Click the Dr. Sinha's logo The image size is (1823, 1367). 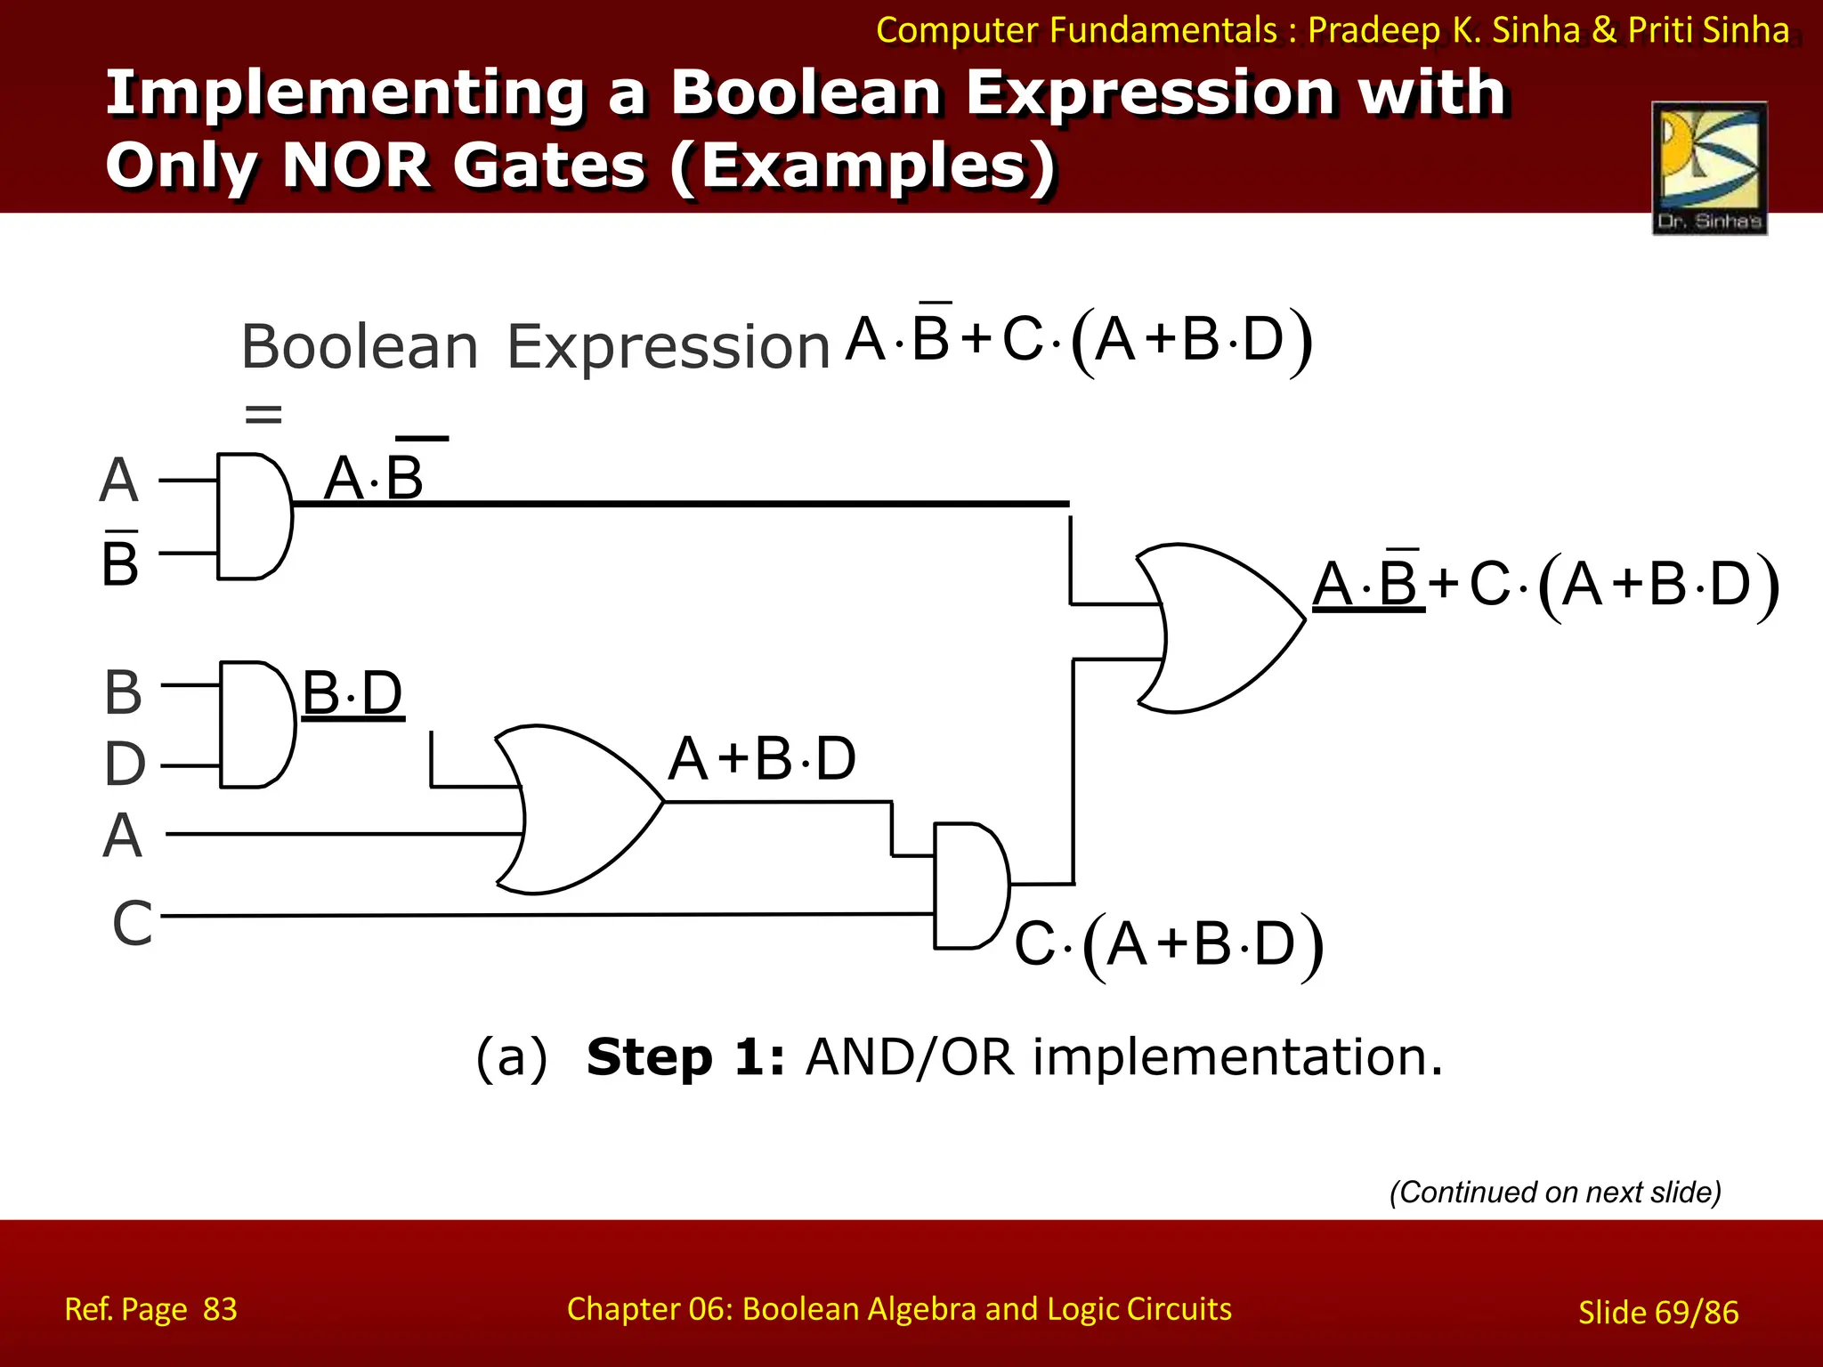1709,168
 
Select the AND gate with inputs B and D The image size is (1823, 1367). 256,724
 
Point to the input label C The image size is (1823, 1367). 132,923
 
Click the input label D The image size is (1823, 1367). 125,764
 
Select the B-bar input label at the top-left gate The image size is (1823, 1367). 120,561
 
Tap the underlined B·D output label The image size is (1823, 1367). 352,693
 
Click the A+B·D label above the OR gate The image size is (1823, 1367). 762,759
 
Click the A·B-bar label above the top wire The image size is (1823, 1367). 374,477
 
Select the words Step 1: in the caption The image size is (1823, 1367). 685,1057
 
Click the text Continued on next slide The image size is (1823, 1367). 1555,1192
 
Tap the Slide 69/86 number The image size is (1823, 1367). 1657,1312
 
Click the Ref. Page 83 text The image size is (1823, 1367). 150,1309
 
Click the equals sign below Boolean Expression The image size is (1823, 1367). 263,414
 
